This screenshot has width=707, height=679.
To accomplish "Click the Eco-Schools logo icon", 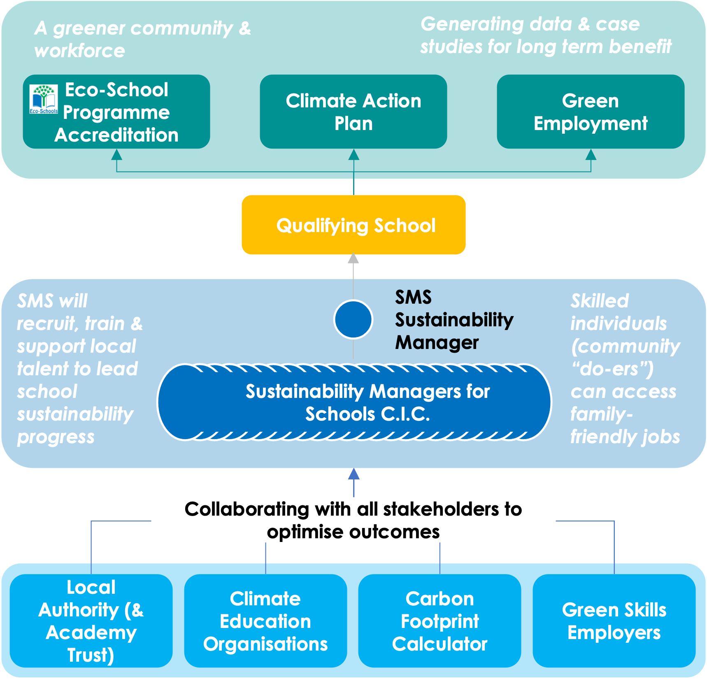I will click(x=44, y=99).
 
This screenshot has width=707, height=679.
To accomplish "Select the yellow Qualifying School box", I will click(x=353, y=225).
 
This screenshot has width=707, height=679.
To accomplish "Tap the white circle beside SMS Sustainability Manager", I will click(x=353, y=319).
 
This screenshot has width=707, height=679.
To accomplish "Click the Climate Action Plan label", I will click(x=353, y=112).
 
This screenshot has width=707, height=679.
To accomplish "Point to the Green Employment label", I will click(x=590, y=112).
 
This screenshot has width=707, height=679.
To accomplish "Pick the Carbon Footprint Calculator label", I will click(x=440, y=621).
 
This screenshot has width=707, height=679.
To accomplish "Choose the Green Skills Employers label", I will click(x=614, y=621).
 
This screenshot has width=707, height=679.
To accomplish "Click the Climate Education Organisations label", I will click(x=265, y=621).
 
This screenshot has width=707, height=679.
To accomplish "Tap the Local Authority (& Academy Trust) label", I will click(x=91, y=621).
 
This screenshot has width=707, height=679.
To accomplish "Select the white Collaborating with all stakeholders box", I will click(x=353, y=520).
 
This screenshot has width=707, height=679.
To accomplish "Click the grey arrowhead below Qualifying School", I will click(x=353, y=258).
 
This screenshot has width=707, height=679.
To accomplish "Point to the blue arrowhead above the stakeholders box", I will click(x=353, y=474).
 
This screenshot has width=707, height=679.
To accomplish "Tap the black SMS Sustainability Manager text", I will click(x=454, y=320).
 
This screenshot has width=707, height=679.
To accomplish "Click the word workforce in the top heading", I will click(x=80, y=51).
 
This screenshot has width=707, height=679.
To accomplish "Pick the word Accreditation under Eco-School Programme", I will click(x=116, y=135).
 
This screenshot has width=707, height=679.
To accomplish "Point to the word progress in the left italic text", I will click(x=56, y=437).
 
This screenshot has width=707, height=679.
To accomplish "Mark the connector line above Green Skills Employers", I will click(x=614, y=547).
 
